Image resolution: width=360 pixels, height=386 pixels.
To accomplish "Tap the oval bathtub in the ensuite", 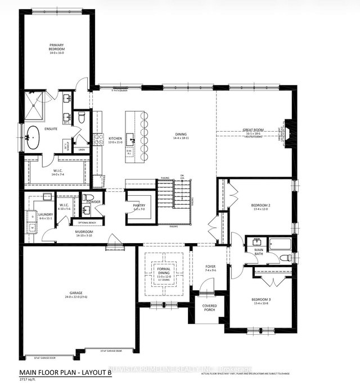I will coord(34,137).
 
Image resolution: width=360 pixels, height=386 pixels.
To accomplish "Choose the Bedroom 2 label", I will coord(262,207).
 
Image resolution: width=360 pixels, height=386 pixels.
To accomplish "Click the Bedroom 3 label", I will coord(262,300).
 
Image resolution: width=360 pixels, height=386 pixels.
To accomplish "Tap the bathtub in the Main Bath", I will coord(280,244).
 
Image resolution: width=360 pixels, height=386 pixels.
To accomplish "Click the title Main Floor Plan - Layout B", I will coord(65,372).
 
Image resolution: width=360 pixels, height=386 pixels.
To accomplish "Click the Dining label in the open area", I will coord(181,134).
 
